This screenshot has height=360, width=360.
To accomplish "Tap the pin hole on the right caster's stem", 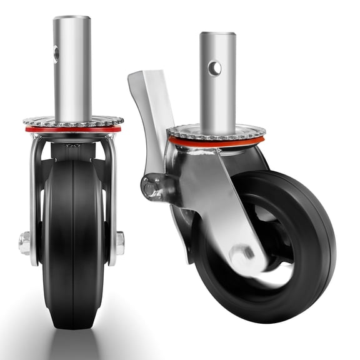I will (214, 67).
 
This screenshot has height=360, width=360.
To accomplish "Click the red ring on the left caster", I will (73, 130).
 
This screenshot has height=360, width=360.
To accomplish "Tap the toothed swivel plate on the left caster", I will (73, 122).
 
